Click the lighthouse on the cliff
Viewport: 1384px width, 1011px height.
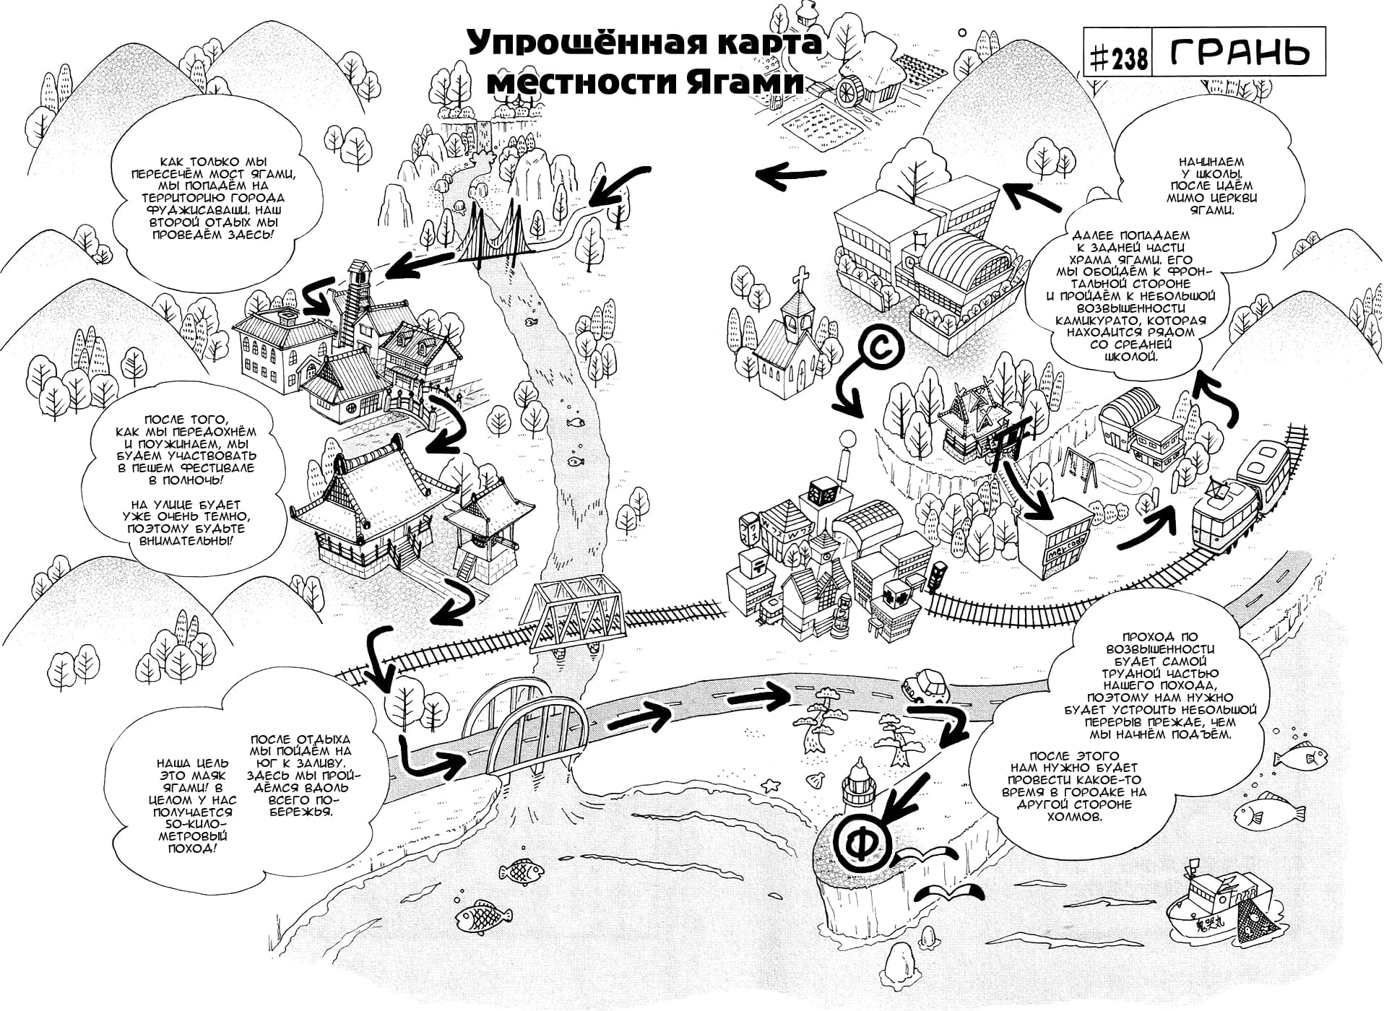[x=860, y=787]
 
